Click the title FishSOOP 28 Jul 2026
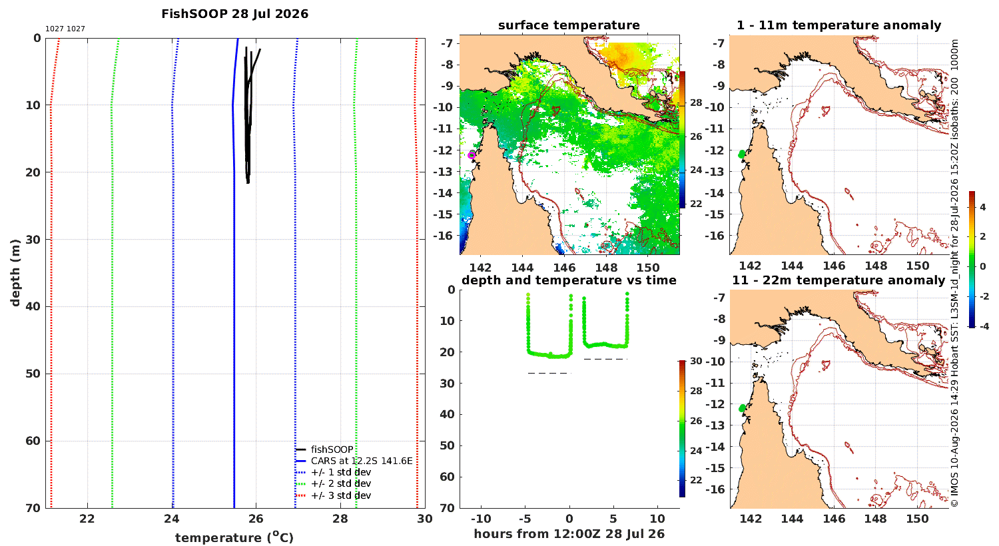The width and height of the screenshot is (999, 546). pyautogui.click(x=234, y=14)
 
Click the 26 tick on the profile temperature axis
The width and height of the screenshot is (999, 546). pyautogui.click(x=256, y=519)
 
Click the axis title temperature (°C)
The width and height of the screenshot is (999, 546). pyautogui.click(x=234, y=537)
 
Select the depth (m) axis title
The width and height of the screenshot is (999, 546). pyautogui.click(x=15, y=273)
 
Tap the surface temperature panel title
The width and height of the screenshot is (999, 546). pyautogui.click(x=569, y=25)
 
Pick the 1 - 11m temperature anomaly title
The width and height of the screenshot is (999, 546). pyautogui.click(x=839, y=25)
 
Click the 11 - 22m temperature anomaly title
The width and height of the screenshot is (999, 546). pyautogui.click(x=838, y=280)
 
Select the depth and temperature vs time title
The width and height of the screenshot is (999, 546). pyautogui.click(x=569, y=280)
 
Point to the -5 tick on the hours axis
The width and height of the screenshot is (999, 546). pyautogui.click(x=525, y=519)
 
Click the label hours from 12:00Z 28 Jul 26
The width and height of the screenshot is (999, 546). pyautogui.click(x=569, y=534)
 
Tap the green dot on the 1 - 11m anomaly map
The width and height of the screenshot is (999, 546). pyautogui.click(x=741, y=154)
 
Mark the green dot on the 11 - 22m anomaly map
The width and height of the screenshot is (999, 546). pyautogui.click(x=742, y=408)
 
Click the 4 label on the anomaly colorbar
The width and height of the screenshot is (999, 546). pyautogui.click(x=983, y=207)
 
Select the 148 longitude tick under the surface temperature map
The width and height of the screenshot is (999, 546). pyautogui.click(x=606, y=268)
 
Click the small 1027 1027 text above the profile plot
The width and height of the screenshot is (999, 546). pyautogui.click(x=65, y=29)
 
